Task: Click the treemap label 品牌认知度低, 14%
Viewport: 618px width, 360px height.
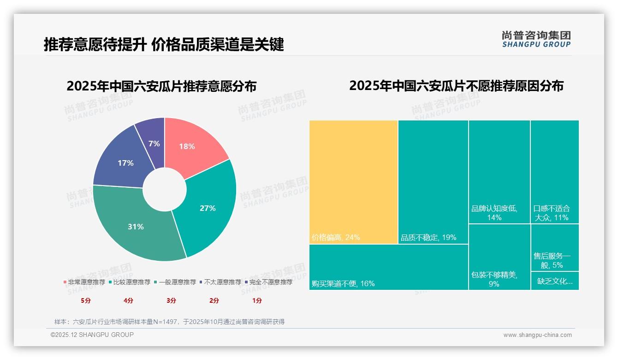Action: pos(494,213)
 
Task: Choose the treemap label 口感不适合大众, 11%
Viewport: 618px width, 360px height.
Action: pos(552,213)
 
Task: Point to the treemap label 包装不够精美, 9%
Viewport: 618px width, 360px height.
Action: pos(494,279)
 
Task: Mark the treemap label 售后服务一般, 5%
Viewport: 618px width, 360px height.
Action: pos(552,260)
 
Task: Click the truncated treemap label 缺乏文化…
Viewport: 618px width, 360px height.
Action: pos(555,281)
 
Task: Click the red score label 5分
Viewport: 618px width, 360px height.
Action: pos(86,300)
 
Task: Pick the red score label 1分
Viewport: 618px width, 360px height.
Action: pos(257,300)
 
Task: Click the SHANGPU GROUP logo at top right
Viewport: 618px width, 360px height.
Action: pos(536,39)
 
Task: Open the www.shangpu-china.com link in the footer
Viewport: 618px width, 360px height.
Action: pos(537,335)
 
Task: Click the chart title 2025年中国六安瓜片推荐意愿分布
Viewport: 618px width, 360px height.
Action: pos(161,86)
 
